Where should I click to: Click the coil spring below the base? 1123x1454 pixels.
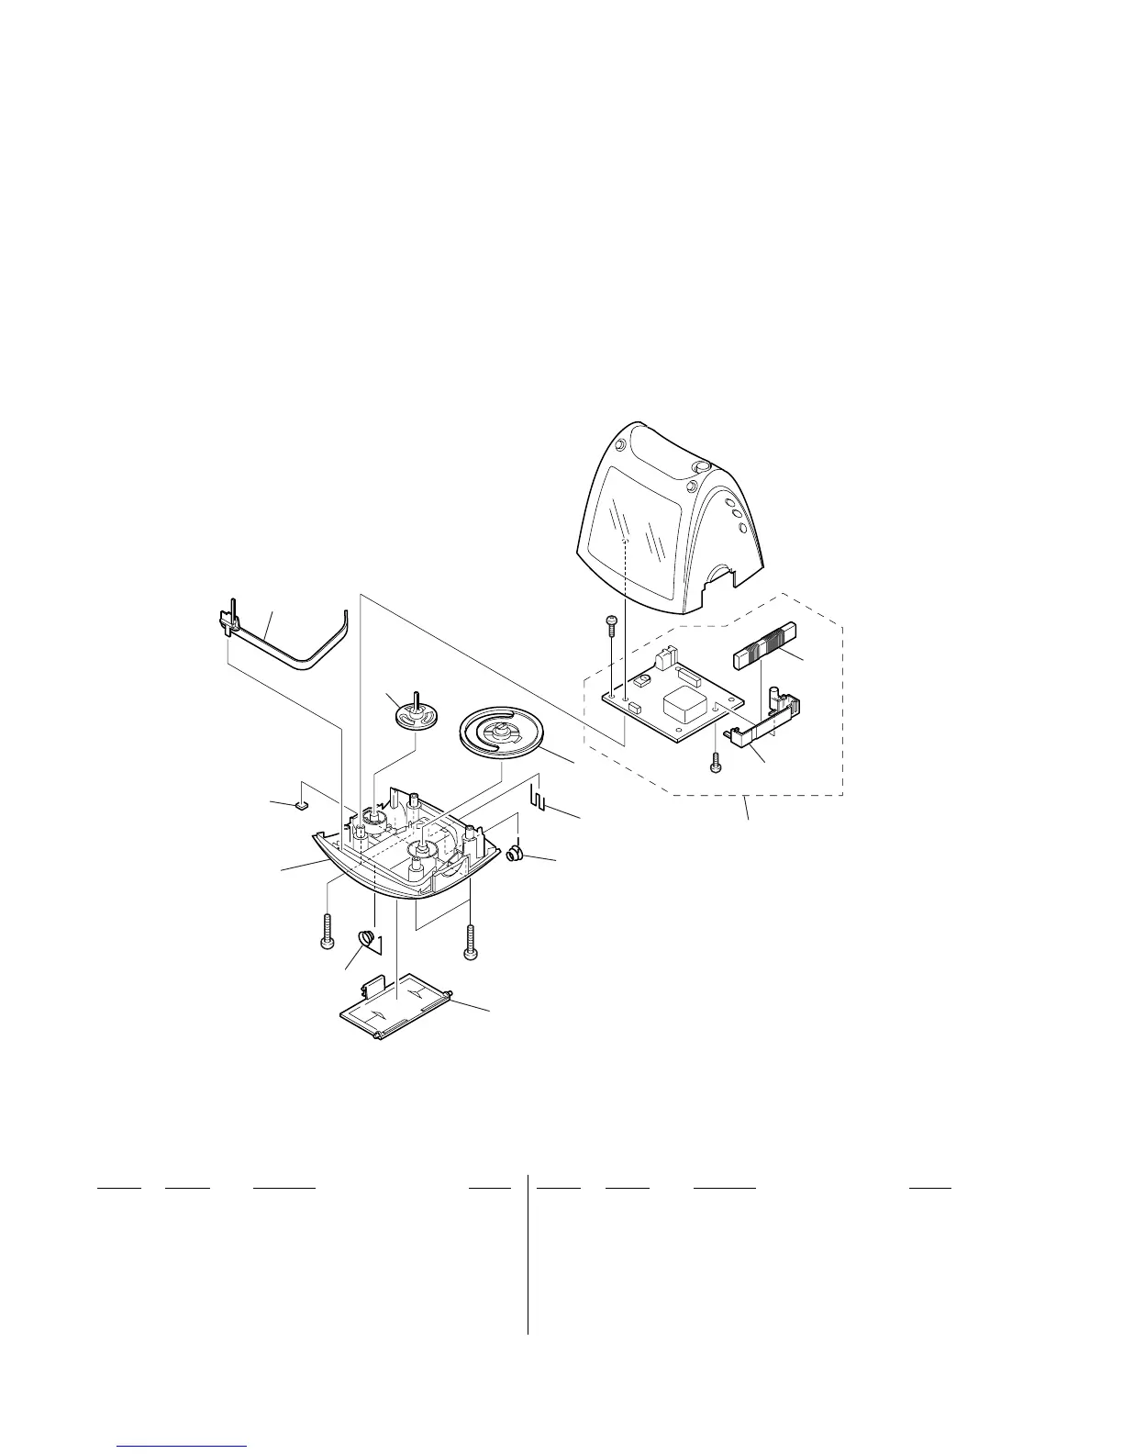tap(367, 941)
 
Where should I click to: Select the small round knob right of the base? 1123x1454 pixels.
tap(517, 855)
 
